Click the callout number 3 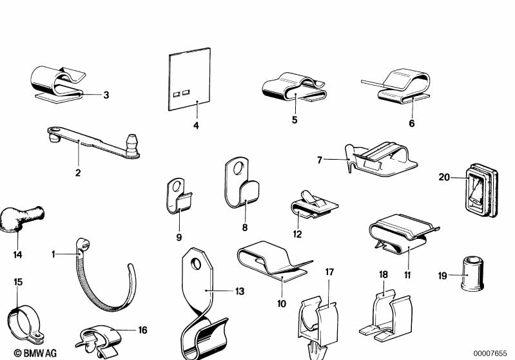click(x=106, y=95)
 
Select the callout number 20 click(x=443, y=176)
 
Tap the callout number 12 click(x=297, y=234)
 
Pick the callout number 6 click(x=412, y=122)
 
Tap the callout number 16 click(x=142, y=330)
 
